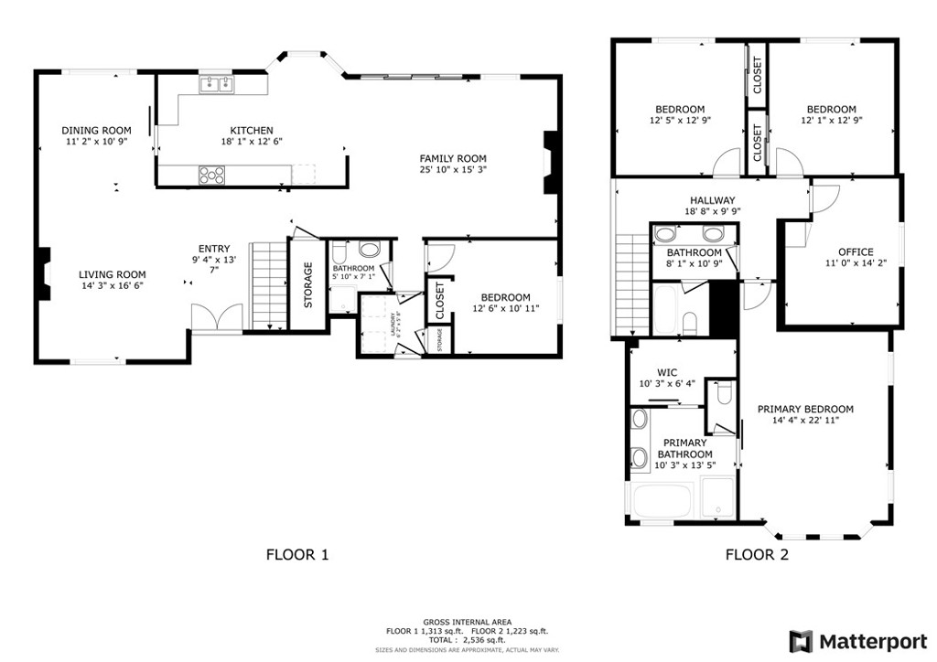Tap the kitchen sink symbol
click(217, 85)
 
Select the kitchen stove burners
click(211, 173)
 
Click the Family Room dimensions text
click(452, 170)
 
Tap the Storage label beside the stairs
click(308, 284)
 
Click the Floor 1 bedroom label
click(505, 297)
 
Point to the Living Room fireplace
click(42, 274)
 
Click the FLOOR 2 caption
click(757, 553)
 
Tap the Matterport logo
click(856, 639)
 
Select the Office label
click(856, 252)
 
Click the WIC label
click(666, 372)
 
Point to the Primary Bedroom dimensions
click(805, 421)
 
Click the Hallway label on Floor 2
click(712, 199)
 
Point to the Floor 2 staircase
click(632, 284)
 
